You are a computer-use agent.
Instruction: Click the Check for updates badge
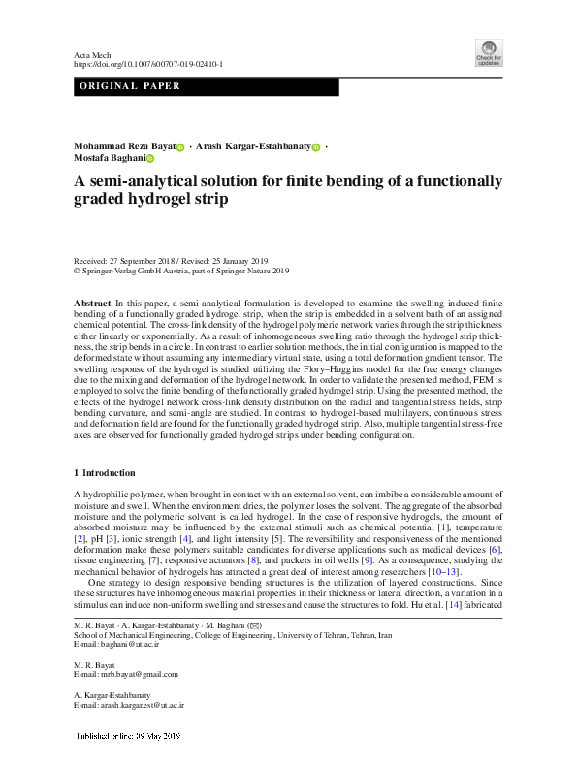tap(488, 52)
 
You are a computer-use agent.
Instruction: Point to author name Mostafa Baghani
tap(108, 159)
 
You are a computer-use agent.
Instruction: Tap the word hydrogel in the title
tap(160, 200)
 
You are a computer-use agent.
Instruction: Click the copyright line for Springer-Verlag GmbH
tap(181, 272)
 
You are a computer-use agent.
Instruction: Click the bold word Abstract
tap(92, 304)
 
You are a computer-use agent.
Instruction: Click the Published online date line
tap(129, 737)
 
